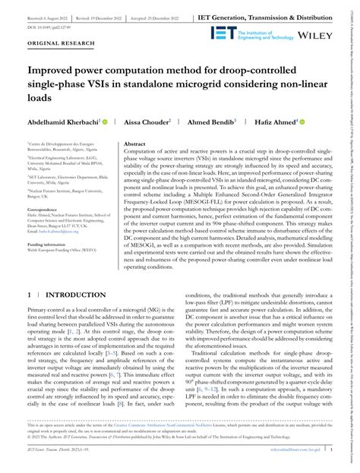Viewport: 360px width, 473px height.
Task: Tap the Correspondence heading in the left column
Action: pyautogui.click(x=45, y=208)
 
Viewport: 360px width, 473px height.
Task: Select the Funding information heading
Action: pyautogui.click(x=48, y=245)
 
